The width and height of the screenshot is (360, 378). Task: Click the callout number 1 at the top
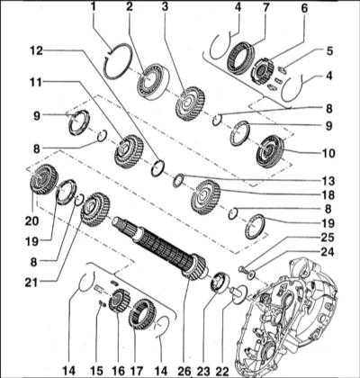pyautogui.click(x=94, y=6)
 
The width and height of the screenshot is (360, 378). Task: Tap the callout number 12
pyautogui.click(x=36, y=51)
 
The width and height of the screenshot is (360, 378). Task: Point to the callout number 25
pyautogui.click(x=327, y=238)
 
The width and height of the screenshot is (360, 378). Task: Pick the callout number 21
pyautogui.click(x=31, y=282)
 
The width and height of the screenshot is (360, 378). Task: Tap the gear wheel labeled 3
pyautogui.click(x=190, y=103)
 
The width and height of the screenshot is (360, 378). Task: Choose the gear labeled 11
pyautogui.click(x=129, y=151)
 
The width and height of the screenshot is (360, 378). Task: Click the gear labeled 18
pyautogui.click(x=206, y=197)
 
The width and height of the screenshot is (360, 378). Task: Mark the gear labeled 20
pyautogui.click(x=44, y=179)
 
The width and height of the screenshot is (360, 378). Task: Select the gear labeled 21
pyautogui.click(x=95, y=210)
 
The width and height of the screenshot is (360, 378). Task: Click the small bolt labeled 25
pyautogui.click(x=241, y=269)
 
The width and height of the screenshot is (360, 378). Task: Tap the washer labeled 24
pyautogui.click(x=251, y=274)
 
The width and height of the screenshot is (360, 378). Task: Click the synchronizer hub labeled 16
pyautogui.click(x=119, y=300)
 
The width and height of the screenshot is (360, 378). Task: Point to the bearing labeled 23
pyautogui.click(x=220, y=282)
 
